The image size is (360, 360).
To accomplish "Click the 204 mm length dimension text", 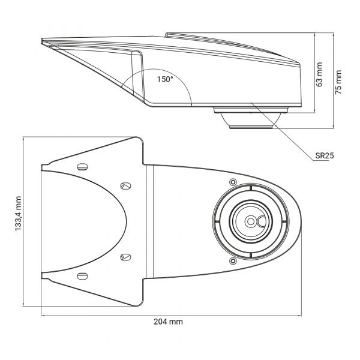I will pyautogui.click(x=168, y=322).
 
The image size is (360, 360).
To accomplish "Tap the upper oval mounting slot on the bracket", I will pyautogui.click(x=83, y=166).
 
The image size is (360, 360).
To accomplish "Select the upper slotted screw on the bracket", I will pyautogui.click(x=125, y=185).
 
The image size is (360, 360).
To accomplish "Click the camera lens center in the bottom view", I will pyautogui.click(x=248, y=221).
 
